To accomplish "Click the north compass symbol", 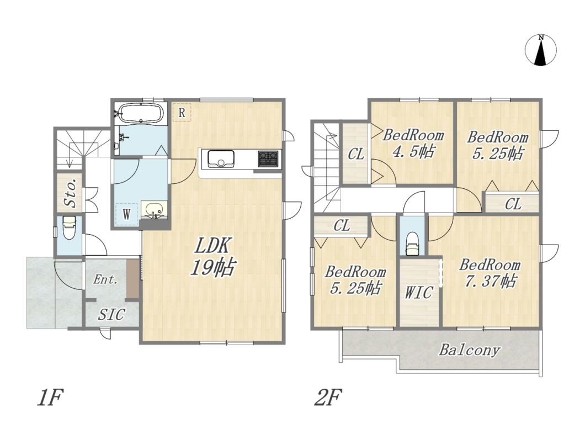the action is click(541, 50).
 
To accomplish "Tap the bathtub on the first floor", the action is click(140, 112).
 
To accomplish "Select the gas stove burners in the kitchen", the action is click(268, 158).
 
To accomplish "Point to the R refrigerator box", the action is click(182, 112).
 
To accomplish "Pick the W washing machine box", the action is click(127, 214).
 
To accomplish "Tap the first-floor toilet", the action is click(70, 228).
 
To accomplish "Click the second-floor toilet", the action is click(412, 244).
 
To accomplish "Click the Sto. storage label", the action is click(71, 192).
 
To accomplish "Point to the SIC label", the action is click(111, 314).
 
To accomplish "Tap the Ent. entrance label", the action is click(105, 279).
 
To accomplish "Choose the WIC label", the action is click(419, 293).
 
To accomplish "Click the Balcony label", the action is click(469, 350).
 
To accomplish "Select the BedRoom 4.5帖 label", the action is click(413, 143).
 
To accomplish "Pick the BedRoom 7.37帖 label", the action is click(490, 272).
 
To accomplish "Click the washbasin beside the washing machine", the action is click(153, 210).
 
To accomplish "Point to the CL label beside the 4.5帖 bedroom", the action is click(356, 154).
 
